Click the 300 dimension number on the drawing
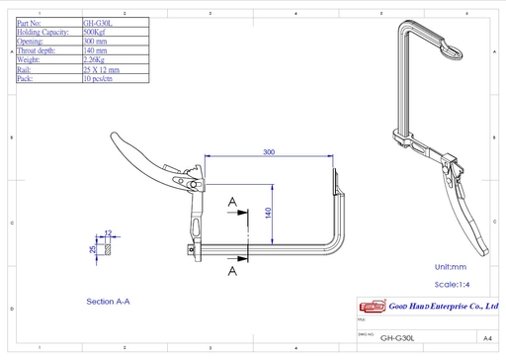[x=269, y=152]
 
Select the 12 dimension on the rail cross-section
[x=108, y=233]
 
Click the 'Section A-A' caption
[x=109, y=301]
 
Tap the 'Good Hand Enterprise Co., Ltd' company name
[x=442, y=308]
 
